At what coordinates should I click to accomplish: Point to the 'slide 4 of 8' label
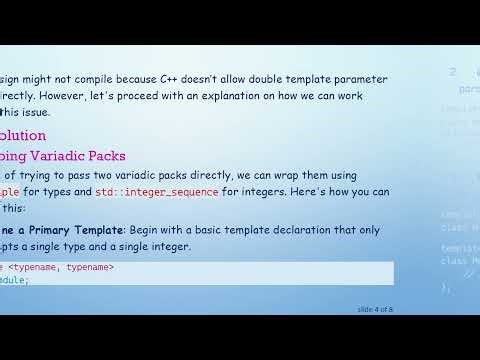(375, 309)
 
